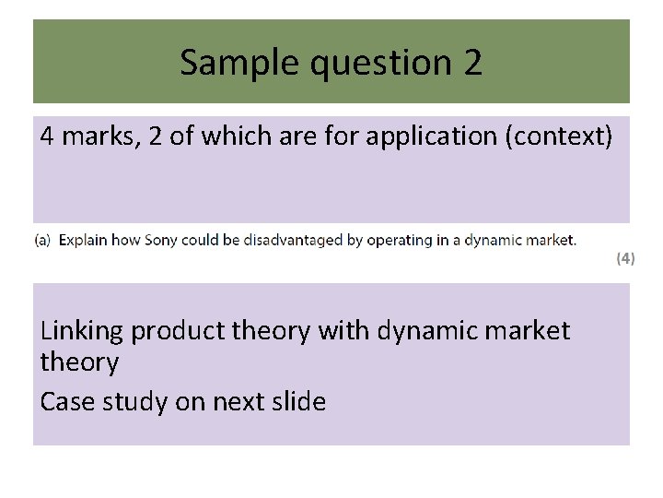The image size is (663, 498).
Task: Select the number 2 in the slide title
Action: [x=471, y=63]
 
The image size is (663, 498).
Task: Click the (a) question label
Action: [x=43, y=240]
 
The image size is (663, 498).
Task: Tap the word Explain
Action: [x=84, y=240]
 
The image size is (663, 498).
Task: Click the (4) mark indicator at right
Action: [x=625, y=259]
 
